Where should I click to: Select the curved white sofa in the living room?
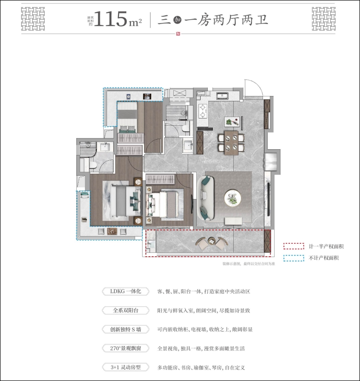[x=204, y=197]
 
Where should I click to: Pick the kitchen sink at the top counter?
[x=223, y=95]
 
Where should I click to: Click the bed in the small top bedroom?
[x=127, y=120]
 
